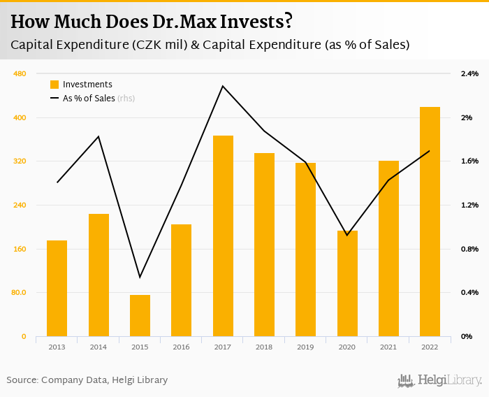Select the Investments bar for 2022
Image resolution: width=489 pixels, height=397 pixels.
pyautogui.click(x=430, y=222)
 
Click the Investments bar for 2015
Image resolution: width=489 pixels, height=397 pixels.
pyautogui.click(x=140, y=315)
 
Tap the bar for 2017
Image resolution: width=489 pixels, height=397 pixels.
pyautogui.click(x=223, y=236)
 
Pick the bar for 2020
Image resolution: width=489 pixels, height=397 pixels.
pyautogui.click(x=347, y=283)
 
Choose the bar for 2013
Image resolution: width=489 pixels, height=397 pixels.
pyautogui.click(x=57, y=288)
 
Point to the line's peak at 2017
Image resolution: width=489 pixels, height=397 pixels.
pyautogui.click(x=223, y=86)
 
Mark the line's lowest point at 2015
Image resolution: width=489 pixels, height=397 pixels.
pyautogui.click(x=140, y=277)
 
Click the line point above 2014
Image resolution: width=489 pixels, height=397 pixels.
pyautogui.click(x=98, y=136)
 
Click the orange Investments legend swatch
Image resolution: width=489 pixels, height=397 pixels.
pyautogui.click(x=54, y=85)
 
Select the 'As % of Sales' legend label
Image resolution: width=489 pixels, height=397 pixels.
pyautogui.click(x=89, y=99)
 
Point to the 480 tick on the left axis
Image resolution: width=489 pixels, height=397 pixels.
pyautogui.click(x=20, y=73)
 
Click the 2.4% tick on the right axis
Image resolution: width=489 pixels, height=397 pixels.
pyautogui.click(x=469, y=73)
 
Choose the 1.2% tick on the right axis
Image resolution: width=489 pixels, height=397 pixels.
pyautogui.click(x=469, y=205)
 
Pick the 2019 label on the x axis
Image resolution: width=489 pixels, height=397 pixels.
pyautogui.click(x=305, y=347)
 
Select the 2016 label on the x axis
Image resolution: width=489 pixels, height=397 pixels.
pyautogui.click(x=181, y=347)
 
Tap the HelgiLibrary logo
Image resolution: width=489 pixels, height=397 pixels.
pyautogui.click(x=439, y=380)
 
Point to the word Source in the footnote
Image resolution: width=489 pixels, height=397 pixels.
pyautogui.click(x=22, y=380)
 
